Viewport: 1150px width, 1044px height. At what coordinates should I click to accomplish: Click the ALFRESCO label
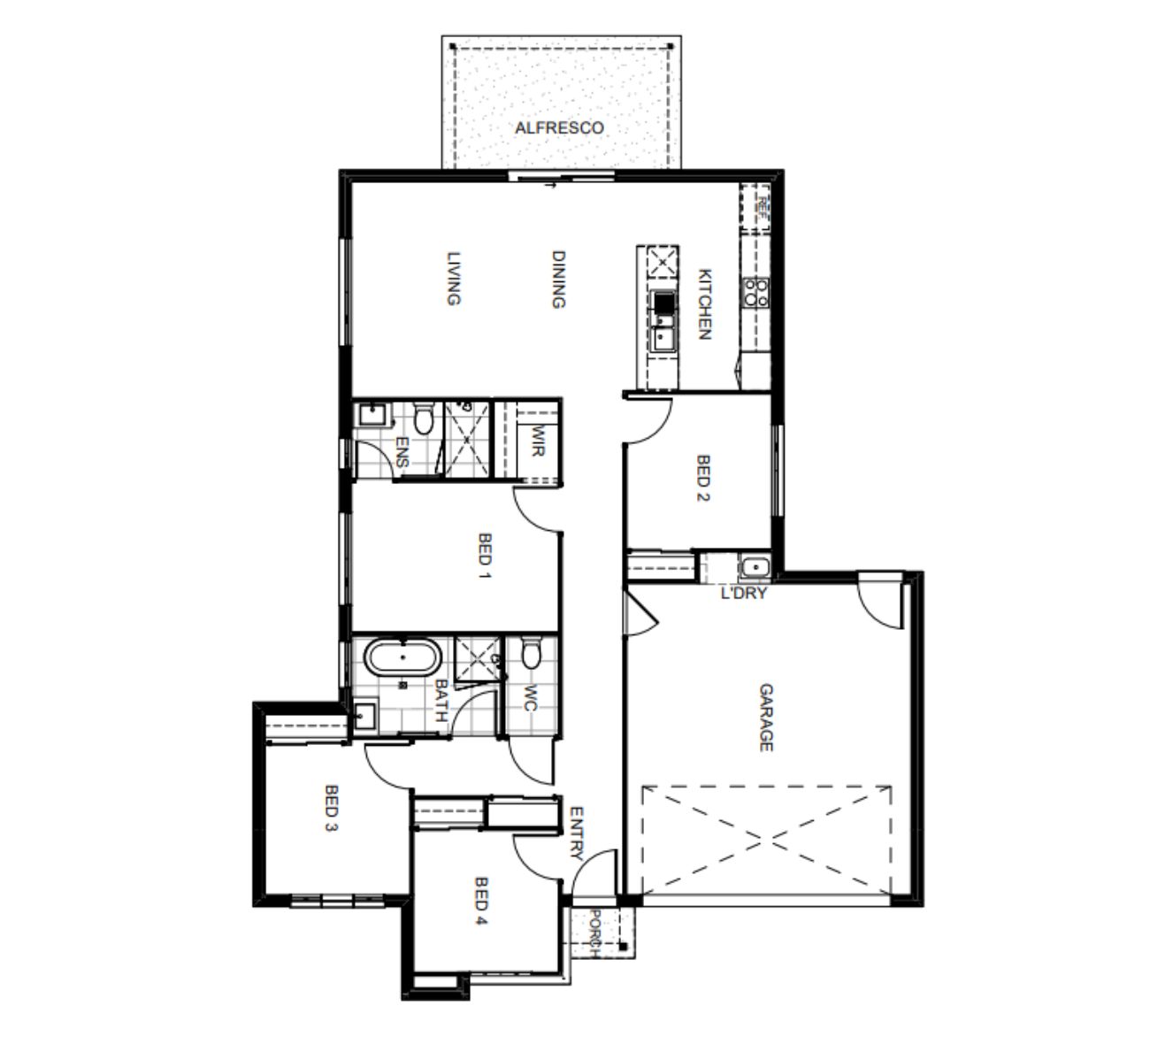[x=559, y=128]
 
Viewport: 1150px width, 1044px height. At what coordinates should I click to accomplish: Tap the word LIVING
[x=454, y=278]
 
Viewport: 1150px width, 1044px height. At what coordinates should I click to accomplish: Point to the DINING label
[x=558, y=280]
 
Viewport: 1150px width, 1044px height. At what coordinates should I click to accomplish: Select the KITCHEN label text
[x=704, y=304]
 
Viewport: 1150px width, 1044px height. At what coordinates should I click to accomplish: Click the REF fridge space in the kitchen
[x=755, y=208]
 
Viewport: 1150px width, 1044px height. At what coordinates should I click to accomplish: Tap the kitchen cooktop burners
[x=756, y=292]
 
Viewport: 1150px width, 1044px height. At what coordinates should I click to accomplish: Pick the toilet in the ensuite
[x=424, y=418]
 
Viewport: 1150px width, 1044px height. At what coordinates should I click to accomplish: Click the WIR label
[x=537, y=440]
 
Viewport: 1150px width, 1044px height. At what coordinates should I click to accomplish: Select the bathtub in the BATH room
[x=403, y=657]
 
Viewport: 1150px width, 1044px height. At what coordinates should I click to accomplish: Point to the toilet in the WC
[x=531, y=655]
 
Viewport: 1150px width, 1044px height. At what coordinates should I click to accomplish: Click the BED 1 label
[x=485, y=556]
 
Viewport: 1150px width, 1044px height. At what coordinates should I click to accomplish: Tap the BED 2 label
[x=703, y=478]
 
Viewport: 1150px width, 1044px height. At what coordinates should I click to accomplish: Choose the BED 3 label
[x=332, y=809]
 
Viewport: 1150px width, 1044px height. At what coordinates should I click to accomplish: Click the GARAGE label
[x=766, y=717]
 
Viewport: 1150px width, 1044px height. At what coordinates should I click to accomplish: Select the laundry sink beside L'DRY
[x=755, y=567]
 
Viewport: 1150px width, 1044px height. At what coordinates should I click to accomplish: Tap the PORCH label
[x=595, y=933]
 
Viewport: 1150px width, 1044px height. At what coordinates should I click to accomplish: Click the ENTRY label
[x=576, y=834]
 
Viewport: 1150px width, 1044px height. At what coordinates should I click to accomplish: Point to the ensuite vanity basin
[x=372, y=413]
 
